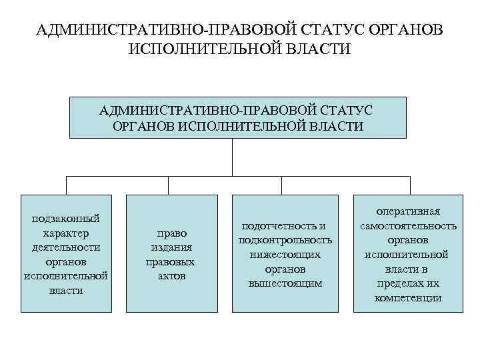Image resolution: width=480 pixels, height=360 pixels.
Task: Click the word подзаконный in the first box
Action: (66, 219)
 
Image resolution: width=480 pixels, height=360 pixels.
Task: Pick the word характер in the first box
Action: (66, 233)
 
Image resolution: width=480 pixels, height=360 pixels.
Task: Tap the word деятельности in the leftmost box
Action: (66, 247)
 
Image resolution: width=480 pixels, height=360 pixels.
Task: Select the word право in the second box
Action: (172, 233)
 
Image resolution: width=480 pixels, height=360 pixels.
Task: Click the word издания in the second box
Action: (172, 247)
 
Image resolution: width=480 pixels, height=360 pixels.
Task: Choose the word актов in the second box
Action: (172, 276)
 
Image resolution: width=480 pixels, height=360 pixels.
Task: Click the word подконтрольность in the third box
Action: (285, 240)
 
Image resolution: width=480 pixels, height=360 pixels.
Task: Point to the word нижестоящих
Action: (285, 255)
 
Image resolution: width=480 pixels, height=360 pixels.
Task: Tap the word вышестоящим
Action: (285, 283)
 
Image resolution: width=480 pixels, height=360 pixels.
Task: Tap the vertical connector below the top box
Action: (232, 157)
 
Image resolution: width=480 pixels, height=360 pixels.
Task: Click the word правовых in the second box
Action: (172, 262)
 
